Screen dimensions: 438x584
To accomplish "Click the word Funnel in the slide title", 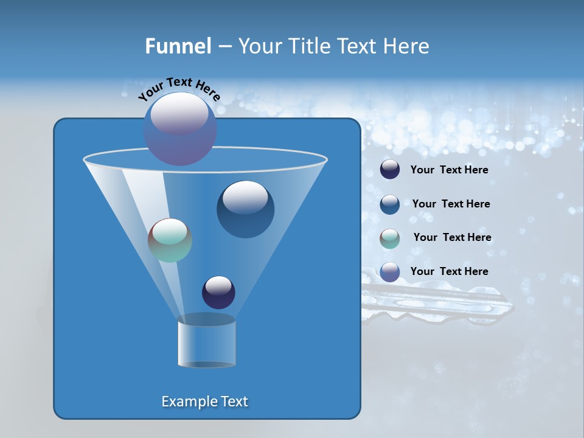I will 178,46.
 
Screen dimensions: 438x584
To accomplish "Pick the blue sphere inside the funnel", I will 245,209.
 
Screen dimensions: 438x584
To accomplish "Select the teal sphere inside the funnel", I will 170,240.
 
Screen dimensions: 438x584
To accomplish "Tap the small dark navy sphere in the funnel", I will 218,292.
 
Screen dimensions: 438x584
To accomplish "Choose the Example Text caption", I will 204,401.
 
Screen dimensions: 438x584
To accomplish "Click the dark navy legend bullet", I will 390,170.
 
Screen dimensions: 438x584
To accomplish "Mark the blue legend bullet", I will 390,204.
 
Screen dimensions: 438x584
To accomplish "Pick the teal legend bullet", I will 390,238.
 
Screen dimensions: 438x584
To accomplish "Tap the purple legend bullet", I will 390,271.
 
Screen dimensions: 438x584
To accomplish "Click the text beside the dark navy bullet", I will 449,170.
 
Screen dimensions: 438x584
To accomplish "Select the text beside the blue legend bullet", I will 451,204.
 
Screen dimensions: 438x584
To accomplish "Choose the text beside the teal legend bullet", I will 452,237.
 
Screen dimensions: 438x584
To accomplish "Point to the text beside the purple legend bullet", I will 449,271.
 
